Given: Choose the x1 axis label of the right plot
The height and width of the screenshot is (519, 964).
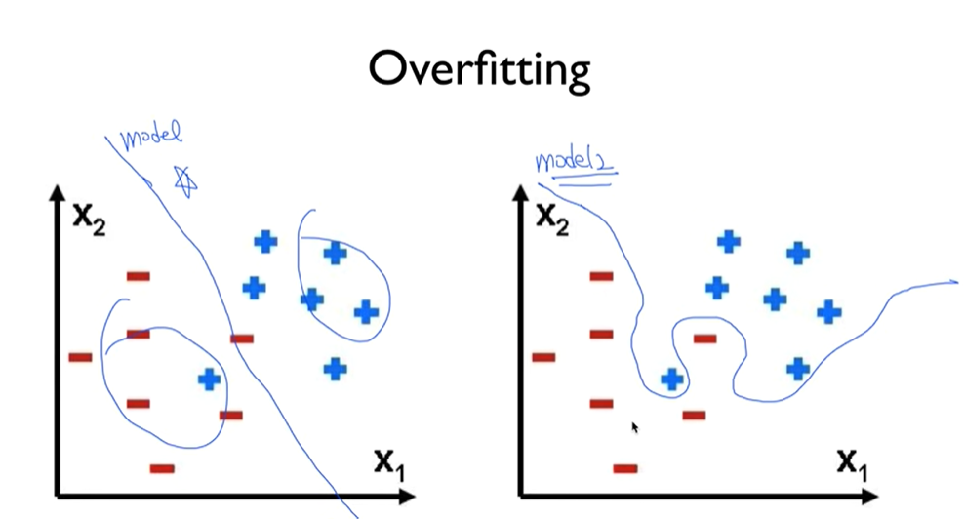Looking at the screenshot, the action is [851, 462].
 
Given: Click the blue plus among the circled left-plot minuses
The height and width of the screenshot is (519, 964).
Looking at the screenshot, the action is [209, 379].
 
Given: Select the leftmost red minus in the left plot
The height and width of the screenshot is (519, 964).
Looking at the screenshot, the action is [80, 357].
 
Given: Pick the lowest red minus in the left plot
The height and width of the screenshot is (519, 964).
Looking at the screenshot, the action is [162, 468].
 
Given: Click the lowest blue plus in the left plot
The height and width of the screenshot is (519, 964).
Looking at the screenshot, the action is [335, 369].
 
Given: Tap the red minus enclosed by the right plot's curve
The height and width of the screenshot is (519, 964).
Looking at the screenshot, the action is [704, 339].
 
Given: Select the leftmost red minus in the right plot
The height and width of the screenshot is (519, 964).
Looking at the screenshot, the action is [543, 357].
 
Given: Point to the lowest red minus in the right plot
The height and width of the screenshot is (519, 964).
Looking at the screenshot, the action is [625, 468].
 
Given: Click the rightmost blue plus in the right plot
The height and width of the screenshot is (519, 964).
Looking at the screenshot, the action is [828, 312].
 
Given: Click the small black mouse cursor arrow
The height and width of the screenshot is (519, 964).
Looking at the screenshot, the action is [634, 427].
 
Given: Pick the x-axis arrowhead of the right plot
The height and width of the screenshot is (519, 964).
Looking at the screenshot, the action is [870, 496].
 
